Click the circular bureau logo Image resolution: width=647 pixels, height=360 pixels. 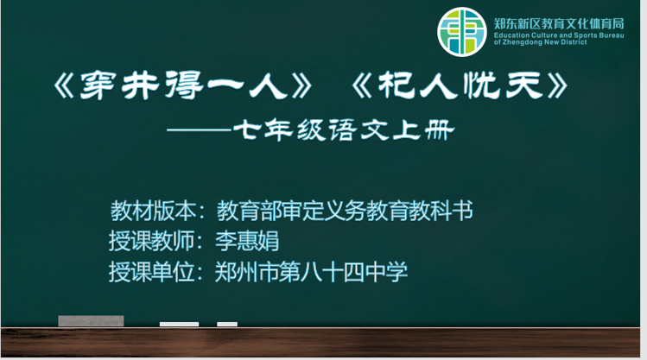pyautogui.click(x=462, y=32)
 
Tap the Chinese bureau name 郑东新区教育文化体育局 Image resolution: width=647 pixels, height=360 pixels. pyautogui.click(x=559, y=23)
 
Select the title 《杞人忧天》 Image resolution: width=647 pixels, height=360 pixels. pyautogui.click(x=460, y=85)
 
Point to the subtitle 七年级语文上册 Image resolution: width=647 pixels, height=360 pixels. pyautogui.click(x=344, y=130)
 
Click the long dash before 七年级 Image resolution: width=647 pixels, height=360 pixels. pyautogui.click(x=199, y=130)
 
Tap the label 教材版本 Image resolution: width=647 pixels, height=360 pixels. pyautogui.click(x=153, y=211)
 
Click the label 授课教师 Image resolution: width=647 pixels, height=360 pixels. pyautogui.click(x=151, y=241)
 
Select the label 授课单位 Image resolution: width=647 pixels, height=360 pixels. pyautogui.click(x=151, y=272)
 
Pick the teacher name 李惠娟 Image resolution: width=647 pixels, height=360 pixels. pyautogui.click(x=247, y=241)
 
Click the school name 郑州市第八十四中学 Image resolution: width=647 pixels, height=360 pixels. pyautogui.click(x=311, y=272)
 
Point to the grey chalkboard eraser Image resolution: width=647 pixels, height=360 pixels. pyautogui.click(x=91, y=321)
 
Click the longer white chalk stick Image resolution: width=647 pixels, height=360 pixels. pyautogui.click(x=179, y=324)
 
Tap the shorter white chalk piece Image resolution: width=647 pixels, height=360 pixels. pyautogui.click(x=227, y=324)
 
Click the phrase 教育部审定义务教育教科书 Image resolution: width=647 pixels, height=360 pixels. pyautogui.click(x=345, y=211)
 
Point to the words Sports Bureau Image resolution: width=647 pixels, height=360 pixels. pyautogui.click(x=599, y=35)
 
